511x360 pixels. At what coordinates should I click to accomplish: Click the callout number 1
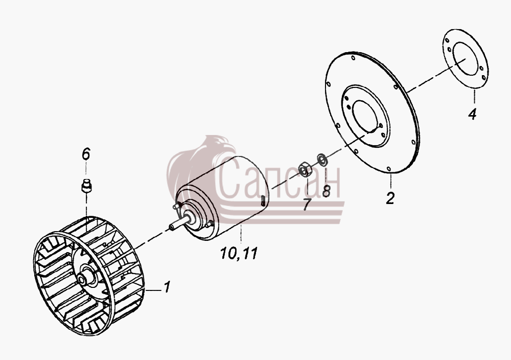167,287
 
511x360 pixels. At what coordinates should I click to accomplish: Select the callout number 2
390,198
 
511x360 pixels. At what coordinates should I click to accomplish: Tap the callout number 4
472,114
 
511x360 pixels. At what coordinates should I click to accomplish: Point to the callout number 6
86,154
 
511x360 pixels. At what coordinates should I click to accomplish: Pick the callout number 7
306,205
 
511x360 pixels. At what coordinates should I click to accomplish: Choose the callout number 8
326,191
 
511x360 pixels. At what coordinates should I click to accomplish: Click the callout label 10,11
239,253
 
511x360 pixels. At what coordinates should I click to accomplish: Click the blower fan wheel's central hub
84,278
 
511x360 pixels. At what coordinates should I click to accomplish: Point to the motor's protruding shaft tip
171,227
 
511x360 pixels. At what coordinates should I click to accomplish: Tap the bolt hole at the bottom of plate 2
389,168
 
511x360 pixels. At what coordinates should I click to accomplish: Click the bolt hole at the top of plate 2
353,58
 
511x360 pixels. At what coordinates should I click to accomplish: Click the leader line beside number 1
153,289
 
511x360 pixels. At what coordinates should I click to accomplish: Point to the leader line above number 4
475,97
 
